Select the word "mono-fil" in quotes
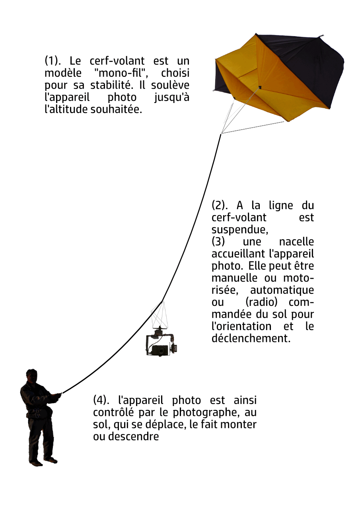pos(121,73)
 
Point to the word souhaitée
pos(116,109)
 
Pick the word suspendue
pos(240,230)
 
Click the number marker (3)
pos(218,241)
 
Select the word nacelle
pos(296,241)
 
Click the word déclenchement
pos(251,338)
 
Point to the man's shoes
pos(43,461)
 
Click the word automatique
pos(282,290)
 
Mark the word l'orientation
pos(241,326)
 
